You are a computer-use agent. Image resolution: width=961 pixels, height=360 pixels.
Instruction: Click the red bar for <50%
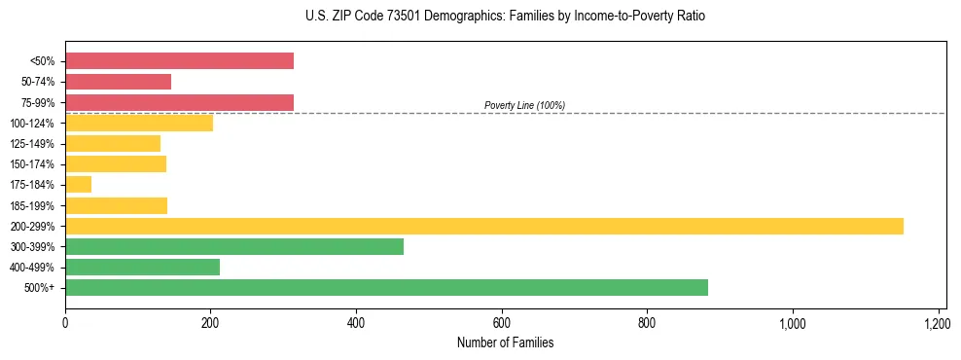pyautogui.click(x=179, y=61)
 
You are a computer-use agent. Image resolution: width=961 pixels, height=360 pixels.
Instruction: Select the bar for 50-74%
pyautogui.click(x=118, y=82)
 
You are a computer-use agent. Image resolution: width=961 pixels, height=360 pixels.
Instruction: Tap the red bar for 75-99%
pyautogui.click(x=179, y=102)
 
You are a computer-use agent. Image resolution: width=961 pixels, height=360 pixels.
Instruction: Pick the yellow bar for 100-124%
pyautogui.click(x=139, y=123)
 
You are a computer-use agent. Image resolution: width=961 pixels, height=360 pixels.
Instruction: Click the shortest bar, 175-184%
pyautogui.click(x=78, y=184)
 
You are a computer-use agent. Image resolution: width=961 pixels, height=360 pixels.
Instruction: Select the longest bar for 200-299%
pyautogui.click(x=483, y=226)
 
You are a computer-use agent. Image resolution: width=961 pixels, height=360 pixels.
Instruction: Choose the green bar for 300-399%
pyautogui.click(x=233, y=246)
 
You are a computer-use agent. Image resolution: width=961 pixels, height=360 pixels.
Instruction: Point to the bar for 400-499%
pyautogui.click(x=142, y=267)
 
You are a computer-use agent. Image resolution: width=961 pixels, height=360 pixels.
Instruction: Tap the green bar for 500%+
pyautogui.click(x=386, y=287)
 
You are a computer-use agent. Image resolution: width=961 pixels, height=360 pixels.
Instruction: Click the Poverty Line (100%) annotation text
pyautogui.click(x=524, y=105)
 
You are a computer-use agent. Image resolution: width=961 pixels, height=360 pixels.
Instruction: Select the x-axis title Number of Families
pyautogui.click(x=505, y=342)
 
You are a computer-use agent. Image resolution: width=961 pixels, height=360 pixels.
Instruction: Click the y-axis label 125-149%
pyautogui.click(x=32, y=144)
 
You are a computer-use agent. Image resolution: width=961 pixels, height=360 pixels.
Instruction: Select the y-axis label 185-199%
pyautogui.click(x=32, y=205)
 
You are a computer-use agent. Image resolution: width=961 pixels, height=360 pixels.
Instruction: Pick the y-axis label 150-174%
pyautogui.click(x=32, y=164)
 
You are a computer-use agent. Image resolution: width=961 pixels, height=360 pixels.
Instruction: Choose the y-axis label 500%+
pyautogui.click(x=40, y=288)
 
